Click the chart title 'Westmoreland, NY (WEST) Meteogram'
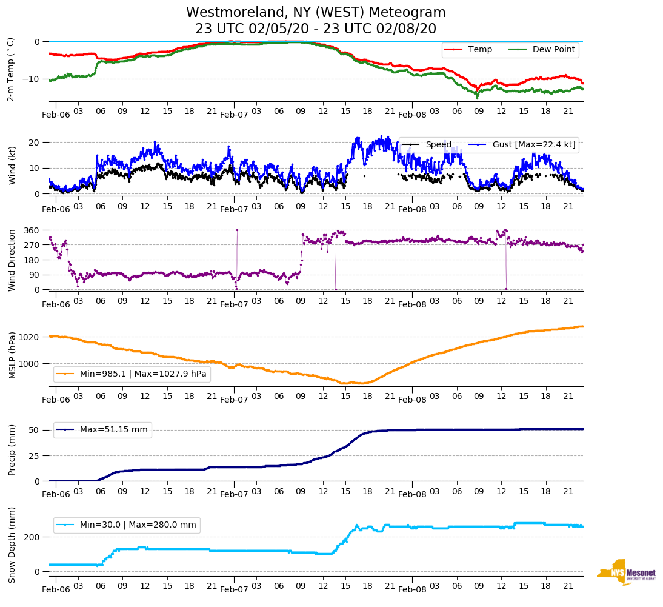[x=316, y=13]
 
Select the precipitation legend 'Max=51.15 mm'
[x=102, y=430]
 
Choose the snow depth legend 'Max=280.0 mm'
[x=127, y=525]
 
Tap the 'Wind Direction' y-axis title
[x=12, y=260]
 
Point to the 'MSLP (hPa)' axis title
[x=12, y=355]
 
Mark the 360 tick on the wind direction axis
[x=32, y=230]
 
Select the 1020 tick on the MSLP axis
[x=30, y=337]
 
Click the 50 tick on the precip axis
[x=35, y=430]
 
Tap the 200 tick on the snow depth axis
[x=32, y=537]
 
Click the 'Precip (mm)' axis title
[x=12, y=451]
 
